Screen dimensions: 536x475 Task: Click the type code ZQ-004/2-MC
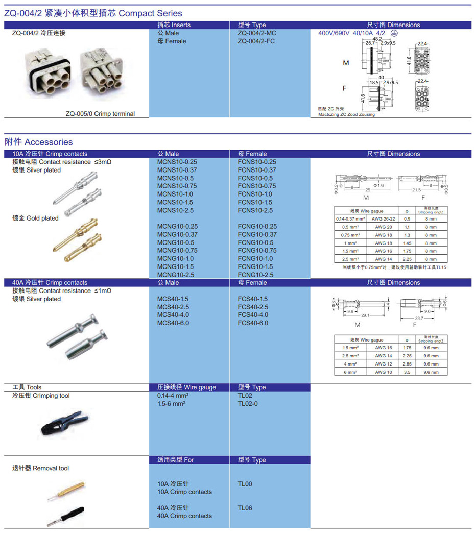pyautogui.click(x=256, y=33)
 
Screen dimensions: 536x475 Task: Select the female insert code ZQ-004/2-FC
pyautogui.click(x=256, y=41)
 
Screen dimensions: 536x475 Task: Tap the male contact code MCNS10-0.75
pyautogui.click(x=177, y=186)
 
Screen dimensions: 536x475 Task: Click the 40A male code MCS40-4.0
pyautogui.click(x=173, y=315)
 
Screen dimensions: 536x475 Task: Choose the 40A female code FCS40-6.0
pyautogui.click(x=252, y=323)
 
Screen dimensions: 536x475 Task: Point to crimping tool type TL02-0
pyautogui.click(x=248, y=404)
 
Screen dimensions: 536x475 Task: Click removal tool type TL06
pyautogui.click(x=245, y=508)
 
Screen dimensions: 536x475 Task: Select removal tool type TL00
pyautogui.click(x=245, y=484)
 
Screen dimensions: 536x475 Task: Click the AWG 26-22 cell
pyautogui.click(x=384, y=219)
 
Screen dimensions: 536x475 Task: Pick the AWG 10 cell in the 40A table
pyautogui.click(x=384, y=372)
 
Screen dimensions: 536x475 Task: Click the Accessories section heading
pyautogui.click(x=39, y=142)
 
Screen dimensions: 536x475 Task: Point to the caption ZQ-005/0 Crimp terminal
pyautogui.click(x=100, y=114)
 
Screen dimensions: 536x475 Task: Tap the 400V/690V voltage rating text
pyautogui.click(x=334, y=33)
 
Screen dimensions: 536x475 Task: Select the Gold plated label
pyautogui.click(x=35, y=218)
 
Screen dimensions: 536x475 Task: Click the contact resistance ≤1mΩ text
pyautogui.click(x=62, y=291)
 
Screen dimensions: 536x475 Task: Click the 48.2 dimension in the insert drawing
pyautogui.click(x=377, y=39)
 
